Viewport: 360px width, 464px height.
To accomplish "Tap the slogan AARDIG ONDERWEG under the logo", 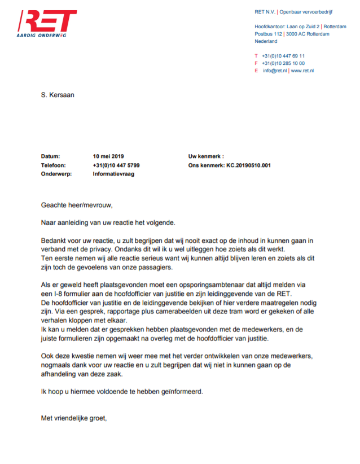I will coord(41,36).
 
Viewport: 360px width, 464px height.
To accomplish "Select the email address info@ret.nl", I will coord(275,71).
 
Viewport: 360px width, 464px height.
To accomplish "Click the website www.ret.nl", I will coord(302,71).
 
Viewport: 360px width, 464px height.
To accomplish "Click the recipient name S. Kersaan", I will coord(58,95).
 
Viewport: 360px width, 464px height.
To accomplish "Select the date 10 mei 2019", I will coord(108,156).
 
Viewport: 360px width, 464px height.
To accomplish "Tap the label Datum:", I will coord(50,156).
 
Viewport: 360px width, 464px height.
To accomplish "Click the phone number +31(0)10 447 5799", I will coord(116,165).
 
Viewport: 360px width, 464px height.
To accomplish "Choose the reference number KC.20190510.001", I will coord(249,165).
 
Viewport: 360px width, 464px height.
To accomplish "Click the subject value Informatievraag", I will coord(113,174).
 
